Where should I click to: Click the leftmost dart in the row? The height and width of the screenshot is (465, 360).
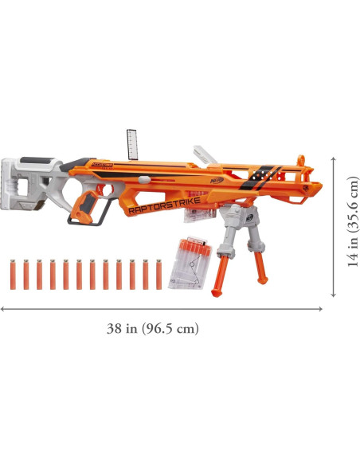[14, 273]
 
